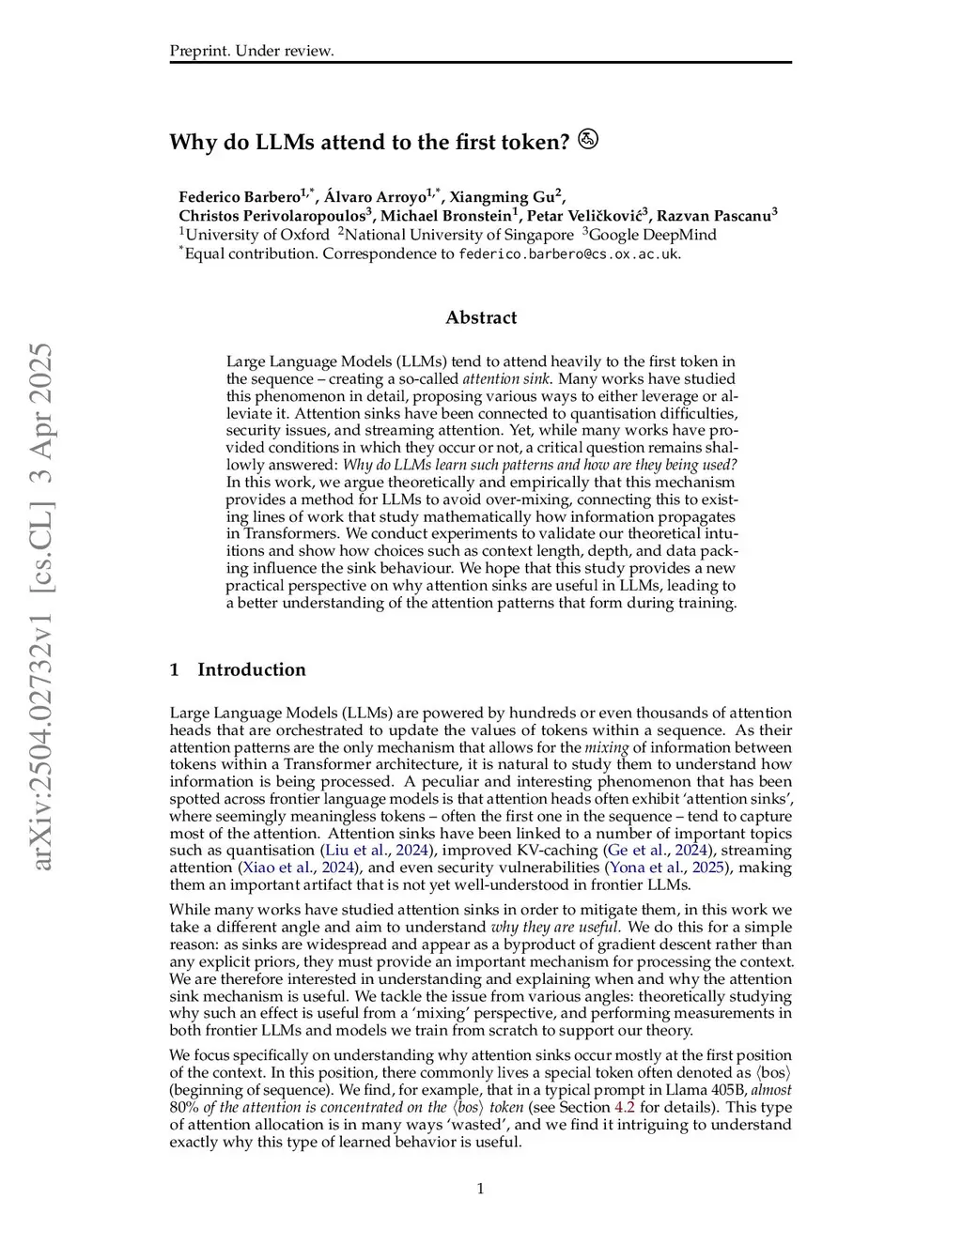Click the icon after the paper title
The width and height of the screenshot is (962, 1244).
point(588,140)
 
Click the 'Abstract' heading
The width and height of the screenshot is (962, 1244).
point(481,317)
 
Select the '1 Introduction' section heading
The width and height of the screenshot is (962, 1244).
point(238,669)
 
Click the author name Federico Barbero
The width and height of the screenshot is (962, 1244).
point(239,197)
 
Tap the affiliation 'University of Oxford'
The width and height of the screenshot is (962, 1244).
point(256,235)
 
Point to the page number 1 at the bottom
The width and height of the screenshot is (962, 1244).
point(481,1189)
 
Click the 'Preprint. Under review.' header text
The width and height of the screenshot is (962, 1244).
point(252,51)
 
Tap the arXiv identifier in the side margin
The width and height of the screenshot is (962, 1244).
point(43,607)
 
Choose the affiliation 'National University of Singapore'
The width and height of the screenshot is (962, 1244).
point(458,235)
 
